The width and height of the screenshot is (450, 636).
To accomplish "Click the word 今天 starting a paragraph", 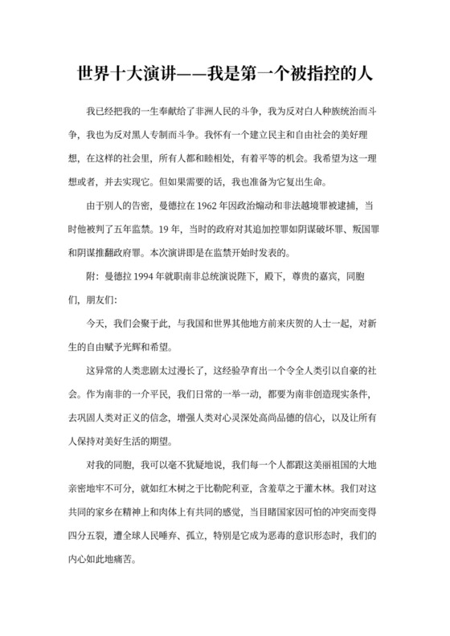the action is click(96, 324).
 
